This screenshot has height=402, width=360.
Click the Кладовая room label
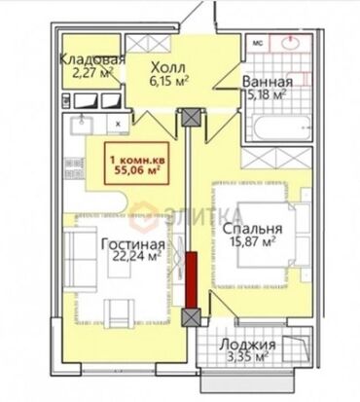(92, 57)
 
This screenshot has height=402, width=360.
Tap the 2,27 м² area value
(87, 70)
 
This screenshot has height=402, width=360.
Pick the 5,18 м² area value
(264, 95)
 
